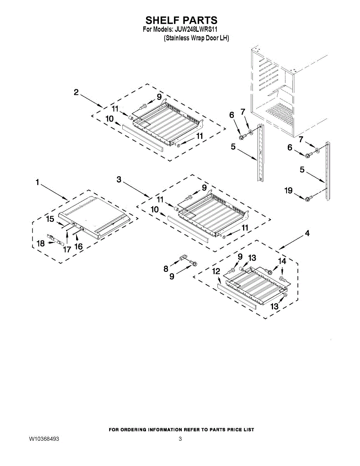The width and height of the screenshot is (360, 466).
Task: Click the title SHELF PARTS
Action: [181, 20]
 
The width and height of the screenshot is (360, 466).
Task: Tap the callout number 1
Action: [38, 182]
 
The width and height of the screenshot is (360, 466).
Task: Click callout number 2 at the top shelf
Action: [76, 92]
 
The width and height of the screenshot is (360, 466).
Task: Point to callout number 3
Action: [119, 179]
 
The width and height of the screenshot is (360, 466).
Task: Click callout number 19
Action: [288, 191]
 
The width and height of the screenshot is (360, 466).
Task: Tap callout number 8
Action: [166, 268]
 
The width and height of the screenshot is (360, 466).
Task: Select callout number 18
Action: [41, 243]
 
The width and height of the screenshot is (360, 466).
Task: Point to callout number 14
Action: [282, 261]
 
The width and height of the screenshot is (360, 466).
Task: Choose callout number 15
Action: [50, 219]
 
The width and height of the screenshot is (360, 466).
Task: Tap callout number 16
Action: [78, 247]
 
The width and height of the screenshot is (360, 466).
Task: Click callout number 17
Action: [67, 249]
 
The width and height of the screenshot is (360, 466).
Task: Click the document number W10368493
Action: [44, 439]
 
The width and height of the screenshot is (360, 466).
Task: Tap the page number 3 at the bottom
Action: [180, 439]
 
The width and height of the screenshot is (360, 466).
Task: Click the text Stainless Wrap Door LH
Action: [197, 38]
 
